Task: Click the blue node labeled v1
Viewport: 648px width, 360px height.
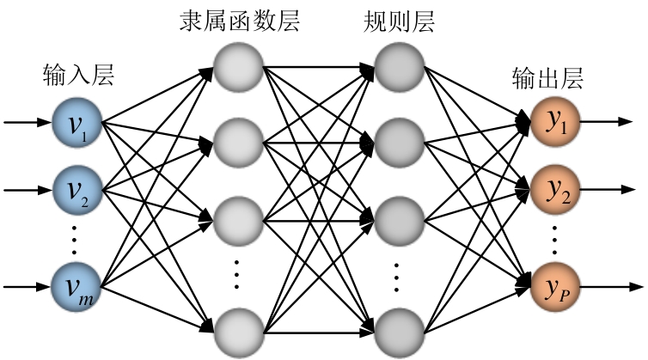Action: pos(76,123)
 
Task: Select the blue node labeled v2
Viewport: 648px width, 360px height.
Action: pos(76,186)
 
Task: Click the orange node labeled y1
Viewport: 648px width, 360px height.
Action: pos(553,123)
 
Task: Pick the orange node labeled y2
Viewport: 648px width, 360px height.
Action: pos(553,187)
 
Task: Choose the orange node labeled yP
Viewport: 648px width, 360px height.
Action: pos(553,284)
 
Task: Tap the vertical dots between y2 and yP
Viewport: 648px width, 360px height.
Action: pos(553,235)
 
